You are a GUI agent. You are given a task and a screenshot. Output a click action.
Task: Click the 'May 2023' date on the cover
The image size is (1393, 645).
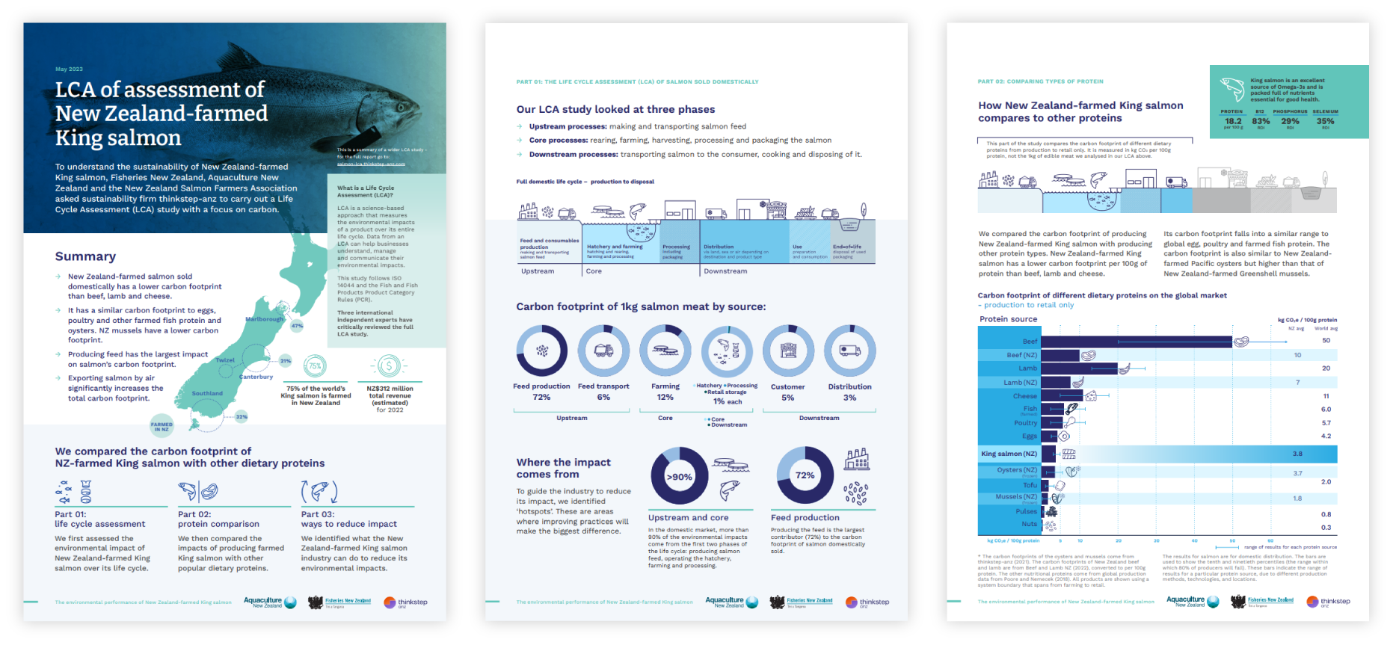coord(69,69)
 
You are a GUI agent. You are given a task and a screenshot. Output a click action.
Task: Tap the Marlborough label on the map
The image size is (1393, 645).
coord(265,319)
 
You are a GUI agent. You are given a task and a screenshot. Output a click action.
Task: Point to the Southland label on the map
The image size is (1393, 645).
coord(207,393)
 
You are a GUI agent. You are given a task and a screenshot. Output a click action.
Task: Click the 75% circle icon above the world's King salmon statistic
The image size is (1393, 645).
coord(315,366)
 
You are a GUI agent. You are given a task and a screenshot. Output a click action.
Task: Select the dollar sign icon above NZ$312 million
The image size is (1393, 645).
coord(389,365)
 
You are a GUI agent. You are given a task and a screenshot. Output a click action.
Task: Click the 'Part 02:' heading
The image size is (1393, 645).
coord(194,514)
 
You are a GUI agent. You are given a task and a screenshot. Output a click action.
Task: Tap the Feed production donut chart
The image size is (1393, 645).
coord(541,351)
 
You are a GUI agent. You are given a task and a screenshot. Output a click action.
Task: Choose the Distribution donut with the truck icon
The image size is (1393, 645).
coord(849,351)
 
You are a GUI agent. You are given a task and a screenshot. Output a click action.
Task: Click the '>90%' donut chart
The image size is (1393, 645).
coord(679,476)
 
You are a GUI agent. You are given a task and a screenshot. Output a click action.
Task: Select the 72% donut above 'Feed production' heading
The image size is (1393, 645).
coord(805,475)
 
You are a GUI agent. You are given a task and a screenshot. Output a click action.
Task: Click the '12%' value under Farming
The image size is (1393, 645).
coord(665,397)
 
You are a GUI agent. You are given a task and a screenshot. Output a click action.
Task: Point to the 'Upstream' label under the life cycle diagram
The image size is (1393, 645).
coord(538,271)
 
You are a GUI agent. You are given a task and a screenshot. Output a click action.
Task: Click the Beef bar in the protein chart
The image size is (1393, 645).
coord(1136,342)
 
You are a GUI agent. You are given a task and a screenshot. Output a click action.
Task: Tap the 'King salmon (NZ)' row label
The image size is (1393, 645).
coord(1009,454)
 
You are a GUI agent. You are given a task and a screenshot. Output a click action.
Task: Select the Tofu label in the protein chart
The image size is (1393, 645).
coord(1030,485)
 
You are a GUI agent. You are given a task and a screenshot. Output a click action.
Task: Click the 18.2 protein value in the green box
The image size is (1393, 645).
coord(1233,121)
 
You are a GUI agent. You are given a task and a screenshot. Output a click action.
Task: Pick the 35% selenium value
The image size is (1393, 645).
coord(1325,121)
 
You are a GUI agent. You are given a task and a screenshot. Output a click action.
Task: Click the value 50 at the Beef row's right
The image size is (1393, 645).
coord(1326,341)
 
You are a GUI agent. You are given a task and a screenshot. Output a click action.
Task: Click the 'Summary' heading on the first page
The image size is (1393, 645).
coord(85,256)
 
